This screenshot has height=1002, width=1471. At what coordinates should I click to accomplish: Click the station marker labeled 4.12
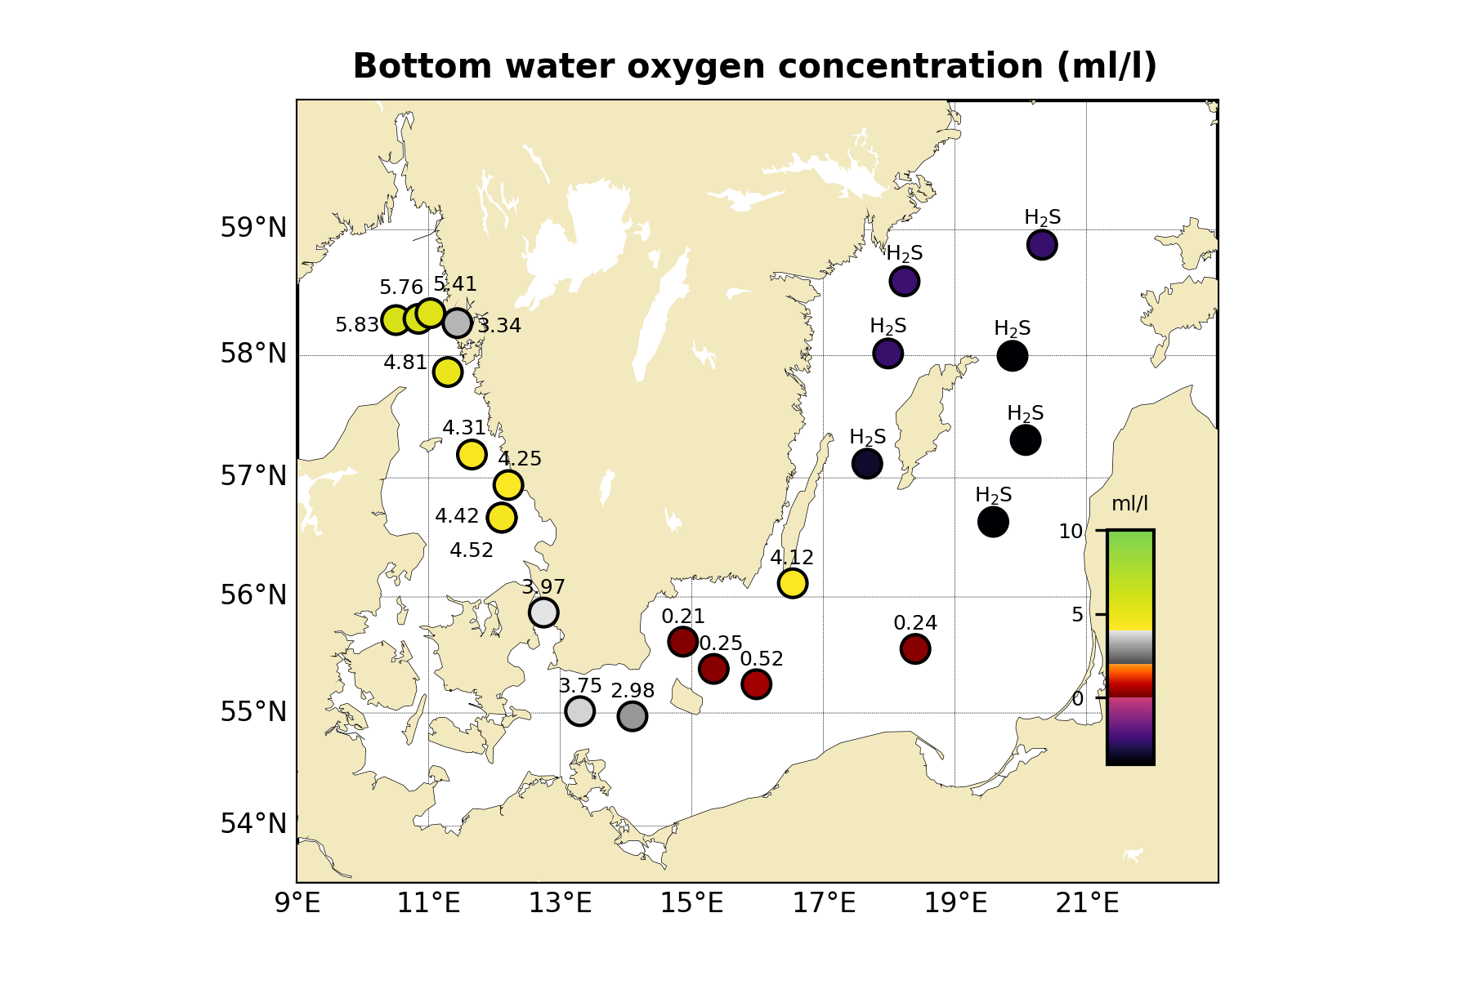(x=792, y=583)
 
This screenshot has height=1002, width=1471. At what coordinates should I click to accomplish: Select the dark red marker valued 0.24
(x=915, y=649)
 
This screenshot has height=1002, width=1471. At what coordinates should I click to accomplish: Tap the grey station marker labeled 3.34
(x=457, y=323)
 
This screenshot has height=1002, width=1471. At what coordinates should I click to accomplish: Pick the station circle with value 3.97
(x=543, y=612)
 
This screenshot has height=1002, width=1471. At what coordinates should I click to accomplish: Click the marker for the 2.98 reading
(x=633, y=716)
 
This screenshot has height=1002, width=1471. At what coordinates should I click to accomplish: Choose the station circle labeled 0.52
(x=756, y=684)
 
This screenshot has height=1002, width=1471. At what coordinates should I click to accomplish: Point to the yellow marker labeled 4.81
(x=447, y=372)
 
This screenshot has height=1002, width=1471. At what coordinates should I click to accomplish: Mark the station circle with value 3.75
(x=579, y=711)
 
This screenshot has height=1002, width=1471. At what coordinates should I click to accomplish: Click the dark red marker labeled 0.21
(x=682, y=642)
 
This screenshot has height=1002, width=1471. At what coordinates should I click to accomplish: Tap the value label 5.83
(x=357, y=326)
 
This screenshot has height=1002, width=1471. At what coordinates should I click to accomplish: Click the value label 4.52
(x=472, y=550)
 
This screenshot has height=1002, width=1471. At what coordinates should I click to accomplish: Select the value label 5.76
(x=401, y=287)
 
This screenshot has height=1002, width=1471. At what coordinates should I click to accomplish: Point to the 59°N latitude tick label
(x=253, y=228)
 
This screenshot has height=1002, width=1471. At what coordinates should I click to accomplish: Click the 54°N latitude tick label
(x=253, y=824)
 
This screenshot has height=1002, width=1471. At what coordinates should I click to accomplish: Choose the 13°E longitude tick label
(x=560, y=904)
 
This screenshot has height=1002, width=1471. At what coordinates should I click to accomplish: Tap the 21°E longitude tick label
(x=1086, y=904)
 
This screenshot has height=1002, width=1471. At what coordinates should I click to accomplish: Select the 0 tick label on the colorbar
(x=1077, y=699)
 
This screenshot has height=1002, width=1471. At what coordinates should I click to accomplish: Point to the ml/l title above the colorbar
(x=1129, y=504)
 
